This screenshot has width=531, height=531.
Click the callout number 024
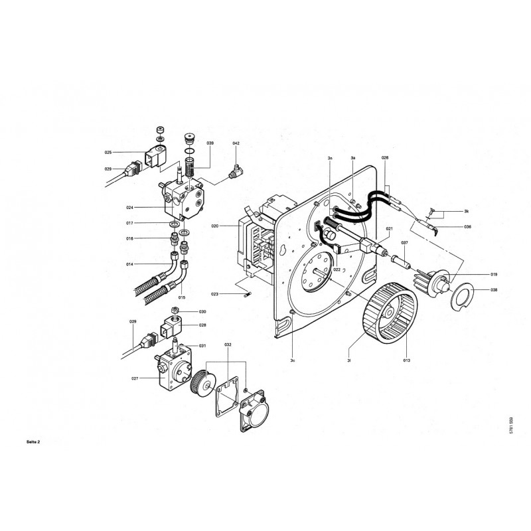click(129, 208)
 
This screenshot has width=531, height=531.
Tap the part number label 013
click(406, 360)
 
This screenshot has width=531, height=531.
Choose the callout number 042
click(236, 143)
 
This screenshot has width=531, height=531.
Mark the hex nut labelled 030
click(176, 311)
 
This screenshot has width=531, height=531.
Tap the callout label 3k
click(467, 210)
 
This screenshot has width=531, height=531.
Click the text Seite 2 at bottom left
click(13, 442)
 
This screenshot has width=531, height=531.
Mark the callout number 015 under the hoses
click(163, 298)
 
